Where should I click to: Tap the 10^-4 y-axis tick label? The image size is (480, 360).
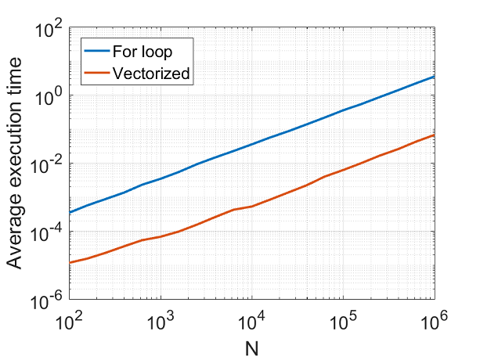coord(49,232)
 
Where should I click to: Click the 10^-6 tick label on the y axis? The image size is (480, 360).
coord(49,300)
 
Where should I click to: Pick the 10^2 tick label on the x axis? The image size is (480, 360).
coord(70,319)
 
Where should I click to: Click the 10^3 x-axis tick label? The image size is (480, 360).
coord(161,319)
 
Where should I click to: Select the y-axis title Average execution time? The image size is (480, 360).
coord(16,166)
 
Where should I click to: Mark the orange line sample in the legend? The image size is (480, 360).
coord(98,74)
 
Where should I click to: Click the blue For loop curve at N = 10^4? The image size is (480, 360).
coord(252,145)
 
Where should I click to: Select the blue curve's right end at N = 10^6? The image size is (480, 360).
coord(434,77)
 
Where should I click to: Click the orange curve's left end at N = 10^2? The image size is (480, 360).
coord(70,263)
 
